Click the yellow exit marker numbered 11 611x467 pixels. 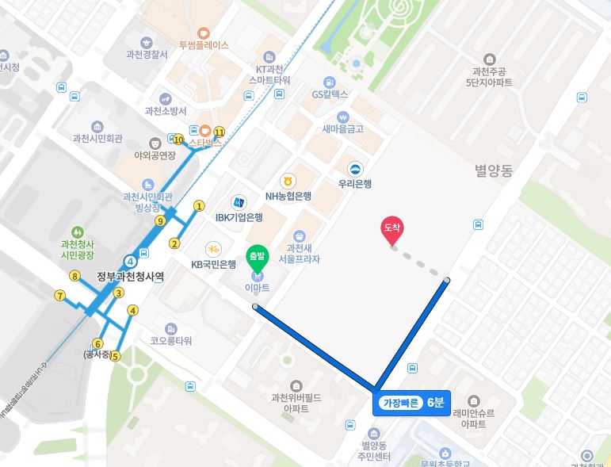pos(220,132)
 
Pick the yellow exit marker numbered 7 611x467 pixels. pos(59,296)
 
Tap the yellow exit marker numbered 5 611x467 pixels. pos(115,356)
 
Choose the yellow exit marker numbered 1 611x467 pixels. pos(199,206)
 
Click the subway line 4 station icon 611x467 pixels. pos(131,259)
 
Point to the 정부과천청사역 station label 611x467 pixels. pos(130,277)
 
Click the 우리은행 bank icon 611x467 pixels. pos(356,168)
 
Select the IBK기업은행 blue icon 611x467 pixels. pos(238,203)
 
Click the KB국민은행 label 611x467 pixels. pos(214,264)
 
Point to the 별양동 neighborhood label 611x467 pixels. pos(494,170)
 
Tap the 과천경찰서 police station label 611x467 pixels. pos(147,56)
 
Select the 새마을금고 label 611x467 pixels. pos(342,128)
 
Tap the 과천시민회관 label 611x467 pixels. pos(97,139)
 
